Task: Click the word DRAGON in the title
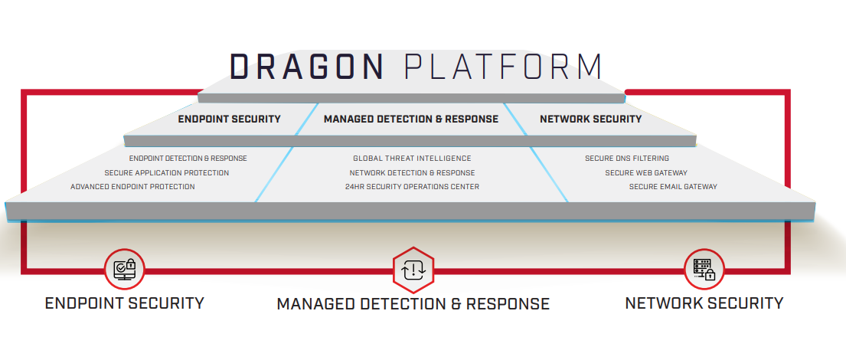click(x=307, y=67)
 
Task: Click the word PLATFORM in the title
click(x=502, y=67)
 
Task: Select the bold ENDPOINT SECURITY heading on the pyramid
click(x=229, y=119)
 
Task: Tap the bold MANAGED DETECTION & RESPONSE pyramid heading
click(x=410, y=119)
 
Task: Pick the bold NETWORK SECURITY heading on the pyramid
click(x=590, y=119)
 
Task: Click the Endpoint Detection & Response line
click(x=188, y=159)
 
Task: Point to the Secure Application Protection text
click(x=166, y=172)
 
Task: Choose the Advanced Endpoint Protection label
click(x=132, y=186)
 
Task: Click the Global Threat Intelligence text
click(x=412, y=159)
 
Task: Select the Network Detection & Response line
click(x=412, y=172)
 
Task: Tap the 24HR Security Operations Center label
click(x=412, y=186)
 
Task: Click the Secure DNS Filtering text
click(x=626, y=159)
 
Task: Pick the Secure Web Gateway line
click(x=646, y=172)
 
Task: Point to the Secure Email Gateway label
click(x=673, y=186)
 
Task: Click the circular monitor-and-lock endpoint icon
click(x=124, y=269)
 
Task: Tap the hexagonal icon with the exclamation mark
click(x=413, y=270)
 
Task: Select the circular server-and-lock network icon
click(x=703, y=269)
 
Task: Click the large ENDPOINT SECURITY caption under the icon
click(x=125, y=303)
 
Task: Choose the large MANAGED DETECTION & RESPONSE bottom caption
click(x=413, y=304)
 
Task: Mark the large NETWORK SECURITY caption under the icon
click(x=704, y=303)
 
